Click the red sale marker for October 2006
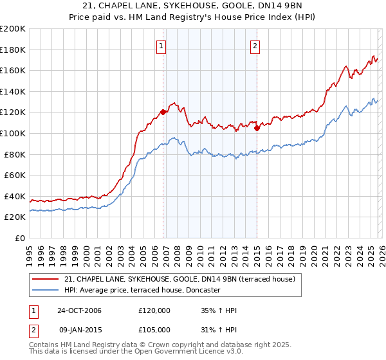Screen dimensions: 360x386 (x=163, y=112)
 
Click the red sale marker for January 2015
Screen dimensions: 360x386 (x=257, y=128)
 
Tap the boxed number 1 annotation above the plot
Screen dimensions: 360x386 (x=160, y=46)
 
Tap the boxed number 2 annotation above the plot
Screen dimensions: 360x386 (x=255, y=46)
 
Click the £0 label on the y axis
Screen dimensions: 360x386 (x=19, y=238)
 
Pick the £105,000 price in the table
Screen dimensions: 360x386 (x=154, y=329)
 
